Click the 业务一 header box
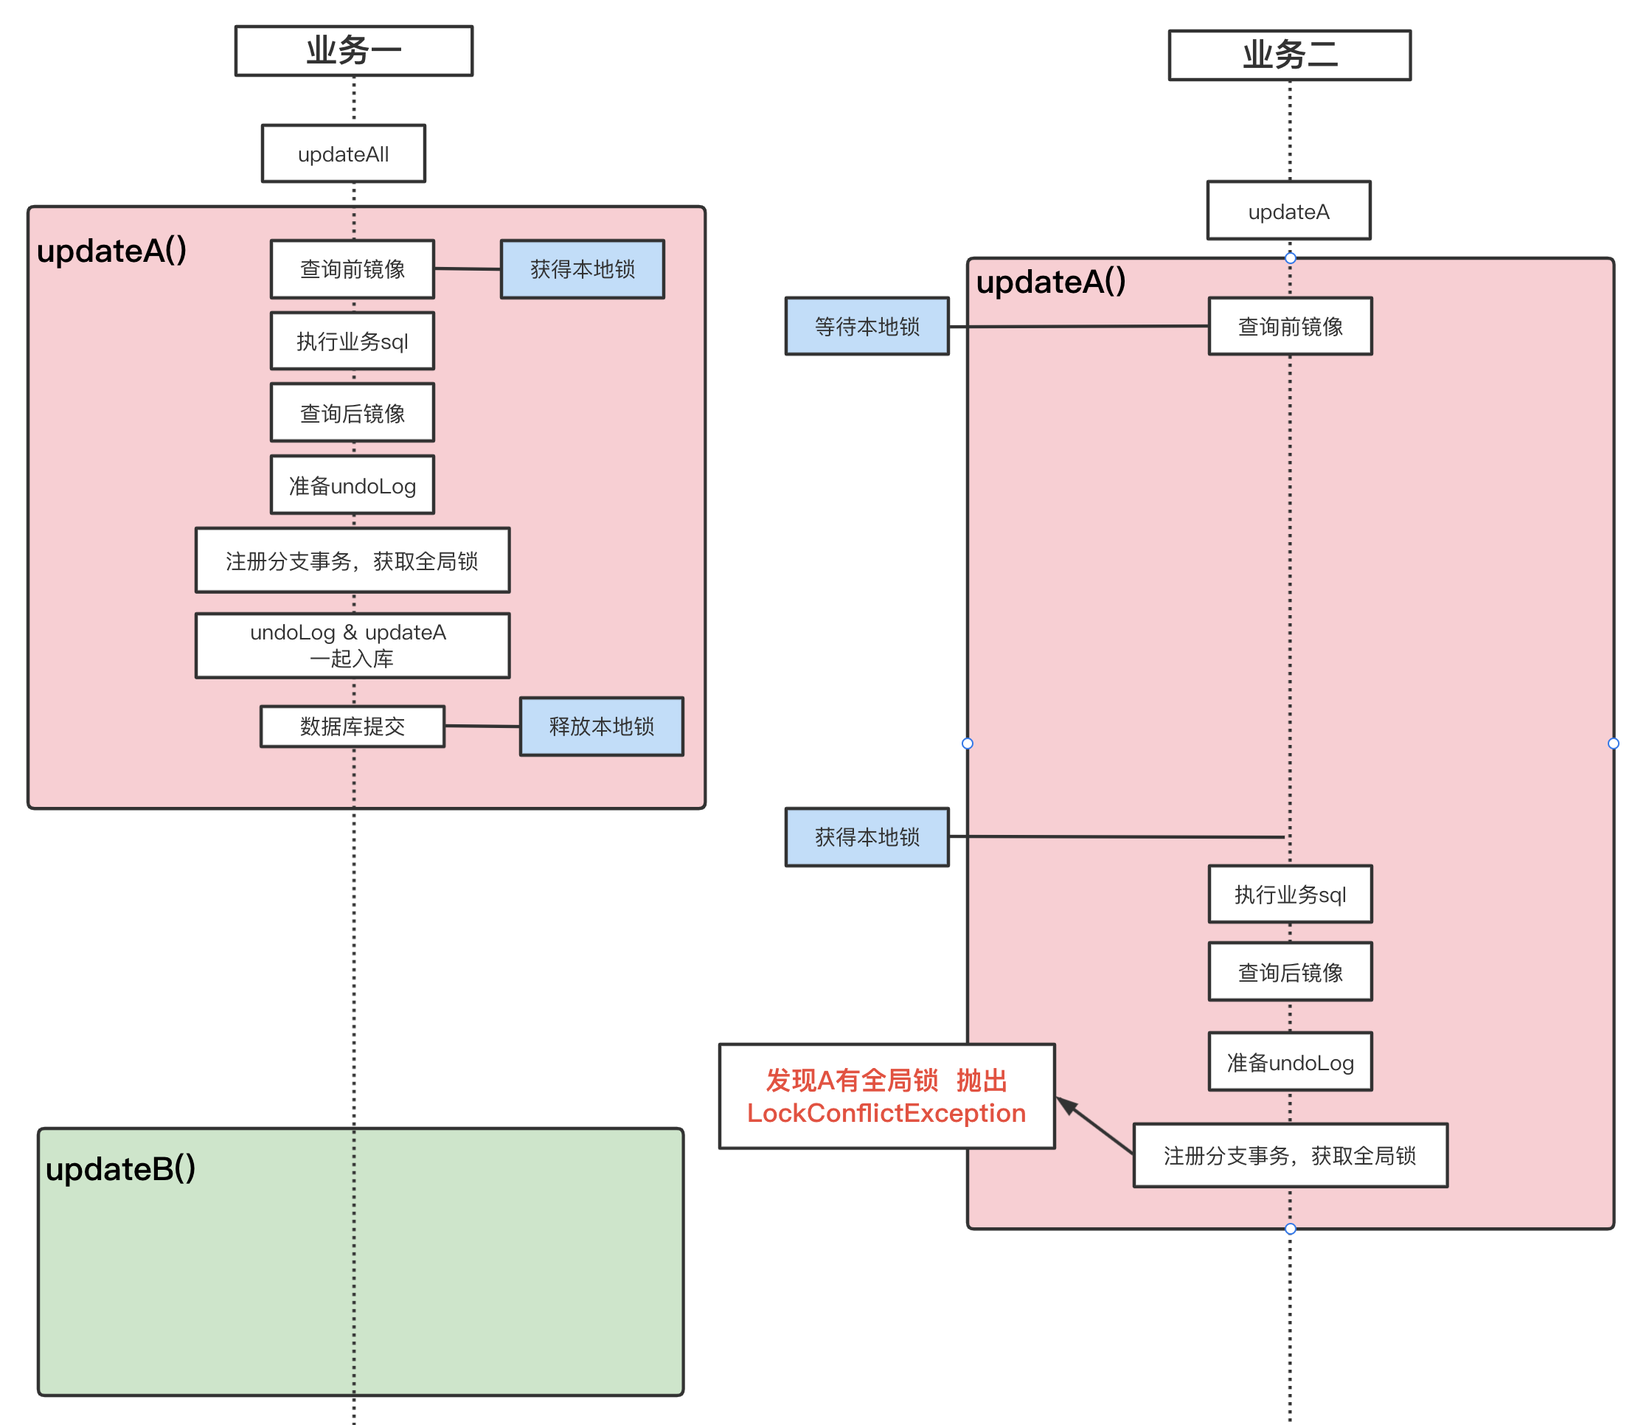click(x=353, y=51)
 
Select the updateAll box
click(x=343, y=153)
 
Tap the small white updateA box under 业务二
click(x=1288, y=211)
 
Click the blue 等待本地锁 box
click(x=867, y=327)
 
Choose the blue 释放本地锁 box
click(x=601, y=726)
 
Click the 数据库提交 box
click(x=352, y=726)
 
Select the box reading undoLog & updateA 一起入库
click(x=352, y=645)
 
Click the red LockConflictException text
click(x=886, y=1113)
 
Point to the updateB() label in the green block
click(x=120, y=1168)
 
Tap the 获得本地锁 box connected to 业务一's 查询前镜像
click(x=582, y=269)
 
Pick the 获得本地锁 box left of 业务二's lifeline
click(x=867, y=836)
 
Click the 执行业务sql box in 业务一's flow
click(x=352, y=341)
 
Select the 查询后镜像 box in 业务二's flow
click(x=1289, y=972)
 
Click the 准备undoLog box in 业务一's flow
click(x=352, y=485)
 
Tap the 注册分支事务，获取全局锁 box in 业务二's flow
click(x=1289, y=1156)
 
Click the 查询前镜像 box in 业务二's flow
click(x=1289, y=327)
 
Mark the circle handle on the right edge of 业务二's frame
click(x=1613, y=743)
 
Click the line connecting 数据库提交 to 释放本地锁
click(x=482, y=726)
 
